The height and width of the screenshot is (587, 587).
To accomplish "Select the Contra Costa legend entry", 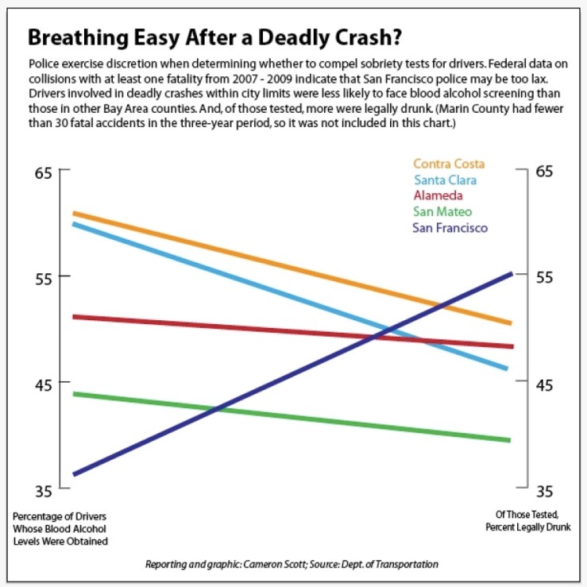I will tap(449, 164).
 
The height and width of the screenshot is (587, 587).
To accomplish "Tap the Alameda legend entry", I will tap(438, 195).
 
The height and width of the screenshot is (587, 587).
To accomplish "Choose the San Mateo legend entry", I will tap(442, 211).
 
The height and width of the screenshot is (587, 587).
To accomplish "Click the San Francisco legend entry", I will tap(450, 228).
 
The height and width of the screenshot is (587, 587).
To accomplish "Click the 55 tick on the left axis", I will tap(43, 277).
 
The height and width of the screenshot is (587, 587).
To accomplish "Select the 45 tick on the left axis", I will tap(43, 383).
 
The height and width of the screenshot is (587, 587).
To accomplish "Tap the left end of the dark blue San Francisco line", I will tap(74, 474).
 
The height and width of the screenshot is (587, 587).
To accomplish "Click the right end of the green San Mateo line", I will tap(508, 439).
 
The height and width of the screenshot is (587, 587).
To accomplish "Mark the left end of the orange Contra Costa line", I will tap(74, 213).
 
